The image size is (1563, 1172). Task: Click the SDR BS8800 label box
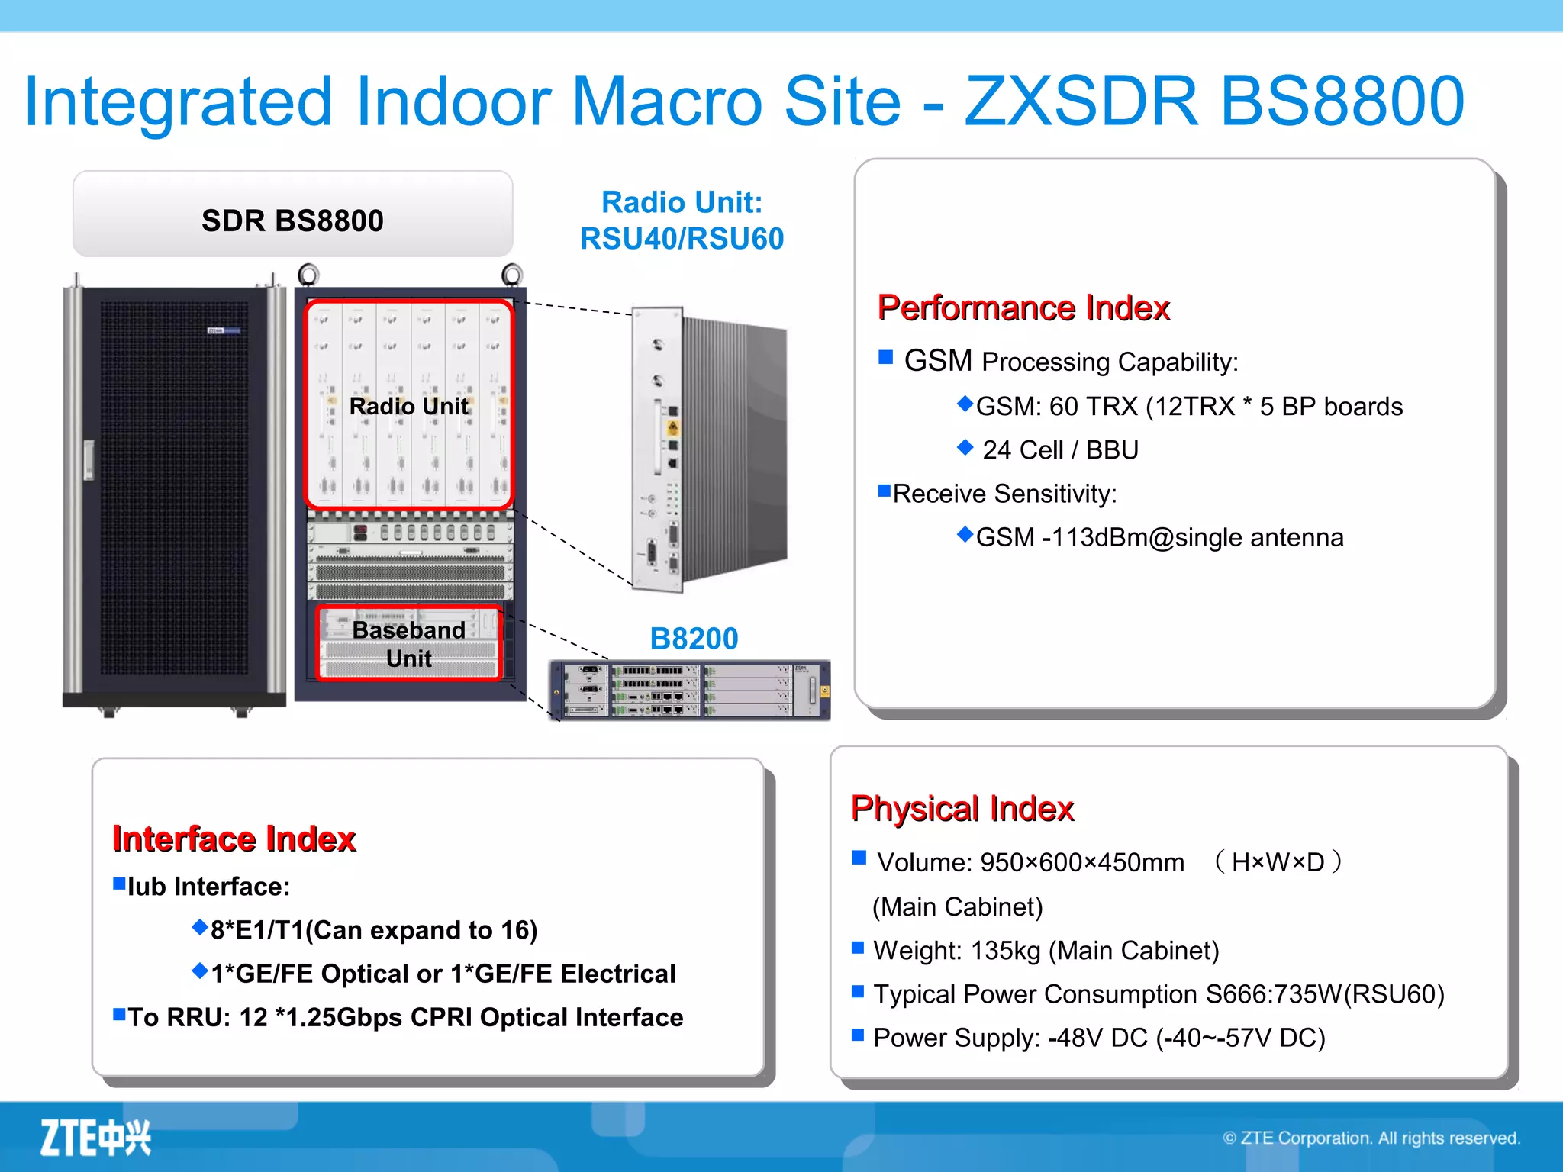(x=292, y=219)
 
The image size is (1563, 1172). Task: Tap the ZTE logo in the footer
(x=95, y=1138)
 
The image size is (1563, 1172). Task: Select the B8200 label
(x=694, y=639)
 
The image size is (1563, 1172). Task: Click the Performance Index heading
(x=1023, y=308)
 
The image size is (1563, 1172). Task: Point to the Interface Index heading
(x=234, y=839)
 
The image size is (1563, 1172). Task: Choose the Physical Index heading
(x=962, y=808)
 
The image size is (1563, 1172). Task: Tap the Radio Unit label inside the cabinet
(x=408, y=406)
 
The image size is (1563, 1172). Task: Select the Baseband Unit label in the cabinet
(x=409, y=644)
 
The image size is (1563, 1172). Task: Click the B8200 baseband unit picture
(x=689, y=691)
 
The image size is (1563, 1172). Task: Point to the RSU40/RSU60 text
(x=682, y=239)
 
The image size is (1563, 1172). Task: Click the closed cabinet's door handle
(x=89, y=460)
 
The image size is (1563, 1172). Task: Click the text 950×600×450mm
(x=1082, y=863)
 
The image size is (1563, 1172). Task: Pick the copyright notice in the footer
(x=1371, y=1138)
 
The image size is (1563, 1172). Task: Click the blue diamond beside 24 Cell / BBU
(x=965, y=447)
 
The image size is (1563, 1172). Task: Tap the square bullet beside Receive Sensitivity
(x=885, y=491)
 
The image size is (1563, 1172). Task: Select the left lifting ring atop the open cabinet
(x=308, y=273)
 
